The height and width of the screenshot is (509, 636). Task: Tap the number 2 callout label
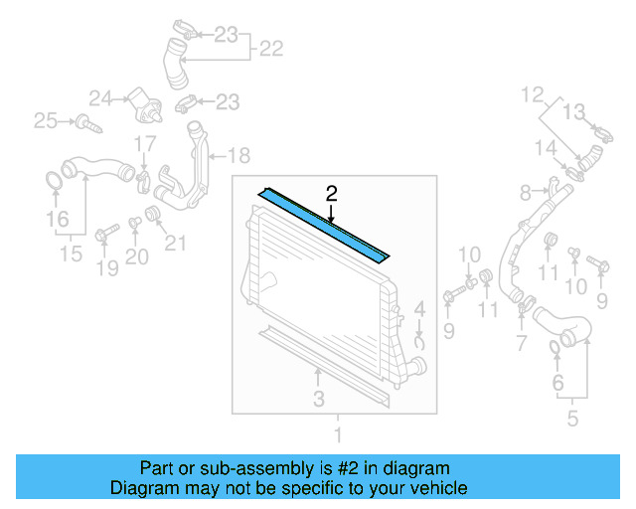(331, 192)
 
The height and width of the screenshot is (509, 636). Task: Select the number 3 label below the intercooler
(318, 399)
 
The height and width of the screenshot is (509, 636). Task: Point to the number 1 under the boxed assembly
(337, 434)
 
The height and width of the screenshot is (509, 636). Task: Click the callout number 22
(271, 47)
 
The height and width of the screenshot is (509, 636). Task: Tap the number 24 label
(99, 97)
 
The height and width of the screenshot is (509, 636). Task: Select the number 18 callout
(239, 155)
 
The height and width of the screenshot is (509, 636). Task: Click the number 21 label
(175, 242)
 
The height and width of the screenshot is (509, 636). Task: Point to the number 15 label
(70, 254)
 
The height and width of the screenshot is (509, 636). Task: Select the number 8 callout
(527, 191)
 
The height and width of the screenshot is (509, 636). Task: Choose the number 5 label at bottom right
(572, 419)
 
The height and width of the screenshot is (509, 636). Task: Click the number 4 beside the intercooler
(420, 308)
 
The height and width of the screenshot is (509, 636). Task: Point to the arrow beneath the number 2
(331, 210)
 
